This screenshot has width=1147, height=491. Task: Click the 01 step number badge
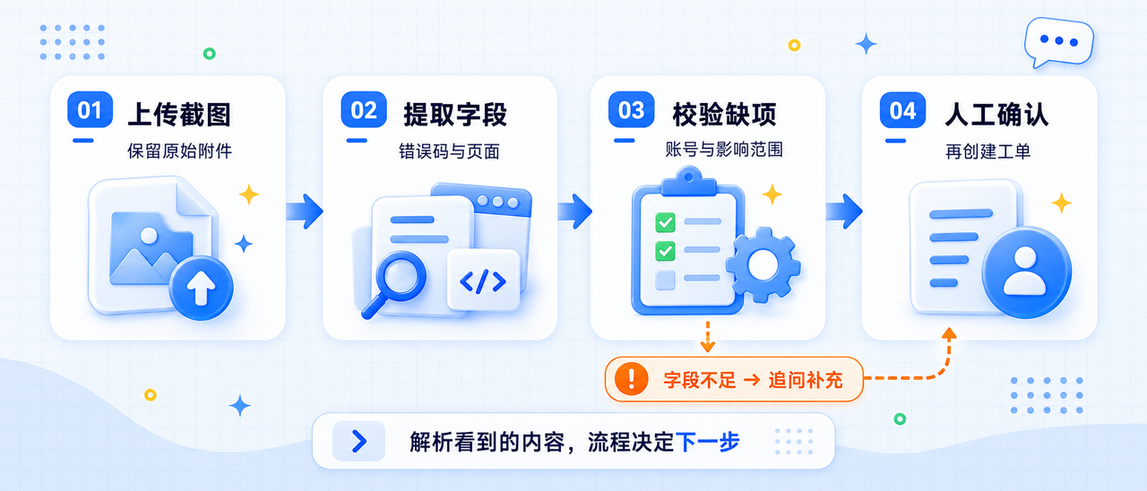[91, 109]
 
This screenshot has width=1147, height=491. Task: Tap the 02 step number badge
[364, 109]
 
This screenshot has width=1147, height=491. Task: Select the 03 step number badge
[632, 109]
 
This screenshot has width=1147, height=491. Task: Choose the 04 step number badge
[902, 110]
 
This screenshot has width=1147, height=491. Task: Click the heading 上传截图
[179, 114]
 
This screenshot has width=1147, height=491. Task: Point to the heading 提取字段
[455, 114]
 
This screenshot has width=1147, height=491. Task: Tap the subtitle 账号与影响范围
[724, 150]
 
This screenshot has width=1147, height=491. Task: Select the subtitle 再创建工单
[987, 151]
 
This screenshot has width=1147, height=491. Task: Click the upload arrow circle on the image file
[202, 288]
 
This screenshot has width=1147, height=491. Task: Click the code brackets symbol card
[483, 280]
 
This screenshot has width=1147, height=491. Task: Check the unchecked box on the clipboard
[665, 280]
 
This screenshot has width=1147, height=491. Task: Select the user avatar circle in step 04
[1027, 272]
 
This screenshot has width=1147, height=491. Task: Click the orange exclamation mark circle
[632, 379]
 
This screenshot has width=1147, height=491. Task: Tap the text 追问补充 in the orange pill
[806, 380]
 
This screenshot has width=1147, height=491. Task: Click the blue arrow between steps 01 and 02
[304, 211]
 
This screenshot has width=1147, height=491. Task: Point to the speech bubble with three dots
[1058, 42]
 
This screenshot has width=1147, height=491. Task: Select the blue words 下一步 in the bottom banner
[707, 442]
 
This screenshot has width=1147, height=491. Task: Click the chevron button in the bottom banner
[359, 441]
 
